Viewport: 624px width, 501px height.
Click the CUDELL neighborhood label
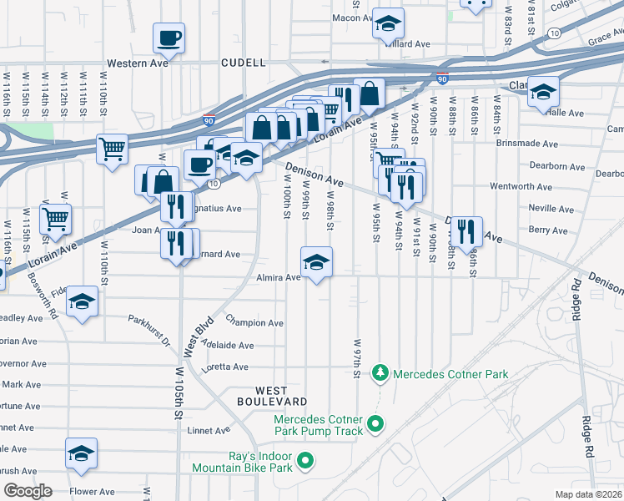tap(244, 63)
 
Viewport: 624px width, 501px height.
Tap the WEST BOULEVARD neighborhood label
tap(283, 397)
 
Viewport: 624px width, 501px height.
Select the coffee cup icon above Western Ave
tap(169, 38)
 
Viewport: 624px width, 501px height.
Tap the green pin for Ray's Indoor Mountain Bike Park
tap(305, 459)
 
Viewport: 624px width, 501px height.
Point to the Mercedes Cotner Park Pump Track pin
tap(375, 424)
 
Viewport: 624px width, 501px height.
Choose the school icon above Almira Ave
tap(317, 262)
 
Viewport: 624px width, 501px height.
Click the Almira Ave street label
tap(279, 277)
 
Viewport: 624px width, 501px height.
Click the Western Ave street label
tap(138, 63)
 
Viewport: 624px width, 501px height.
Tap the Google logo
tap(28, 491)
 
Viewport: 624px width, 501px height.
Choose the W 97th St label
tap(357, 357)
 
